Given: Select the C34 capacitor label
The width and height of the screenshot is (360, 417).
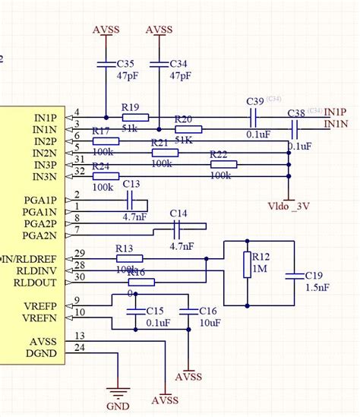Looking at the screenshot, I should coord(179,65).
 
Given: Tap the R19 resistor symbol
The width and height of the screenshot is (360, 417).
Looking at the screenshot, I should coord(134,118).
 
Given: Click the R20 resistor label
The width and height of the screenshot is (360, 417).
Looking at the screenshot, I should coord(183,119).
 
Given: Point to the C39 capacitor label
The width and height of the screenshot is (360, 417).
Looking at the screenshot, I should coord(255,102).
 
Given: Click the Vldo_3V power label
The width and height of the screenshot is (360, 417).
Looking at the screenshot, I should coord(289,206).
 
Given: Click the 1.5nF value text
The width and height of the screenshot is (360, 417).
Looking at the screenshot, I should coord(317,289).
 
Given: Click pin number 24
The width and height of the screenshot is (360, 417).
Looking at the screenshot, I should coord(80,349).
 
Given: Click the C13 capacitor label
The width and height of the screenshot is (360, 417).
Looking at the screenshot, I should coord(131,185).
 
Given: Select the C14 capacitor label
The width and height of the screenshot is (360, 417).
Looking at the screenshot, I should coord(178,213).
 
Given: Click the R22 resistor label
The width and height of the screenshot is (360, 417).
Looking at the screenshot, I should coord(219,154).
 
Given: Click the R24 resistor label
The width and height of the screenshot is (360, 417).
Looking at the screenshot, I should coord(101,166).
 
